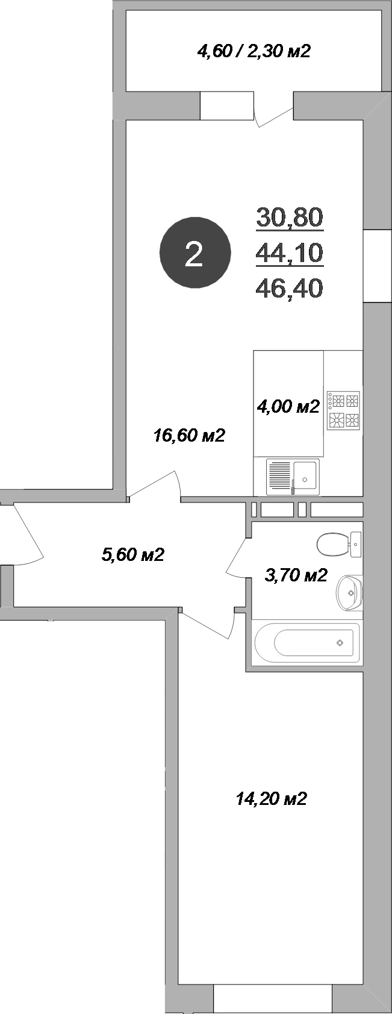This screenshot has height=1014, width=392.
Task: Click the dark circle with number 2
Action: click(194, 253)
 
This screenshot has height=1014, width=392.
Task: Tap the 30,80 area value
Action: click(290, 217)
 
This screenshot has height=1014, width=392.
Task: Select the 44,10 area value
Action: click(290, 253)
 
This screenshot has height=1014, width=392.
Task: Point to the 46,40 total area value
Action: click(290, 288)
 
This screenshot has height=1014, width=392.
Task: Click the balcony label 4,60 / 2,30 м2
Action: click(254, 51)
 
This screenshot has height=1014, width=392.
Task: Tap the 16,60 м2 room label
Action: click(189, 435)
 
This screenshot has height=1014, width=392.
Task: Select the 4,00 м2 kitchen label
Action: click(288, 407)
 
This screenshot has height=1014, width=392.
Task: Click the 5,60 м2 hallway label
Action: click(133, 554)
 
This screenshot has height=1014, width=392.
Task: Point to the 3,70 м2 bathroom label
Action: click(296, 575)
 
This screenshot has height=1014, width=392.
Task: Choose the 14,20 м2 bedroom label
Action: click(271, 799)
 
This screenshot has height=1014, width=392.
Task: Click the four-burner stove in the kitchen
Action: click(343, 410)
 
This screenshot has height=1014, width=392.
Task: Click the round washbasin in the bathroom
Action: click(350, 592)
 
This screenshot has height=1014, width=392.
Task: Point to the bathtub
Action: click(308, 643)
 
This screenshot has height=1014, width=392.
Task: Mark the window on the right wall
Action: click(378, 266)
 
